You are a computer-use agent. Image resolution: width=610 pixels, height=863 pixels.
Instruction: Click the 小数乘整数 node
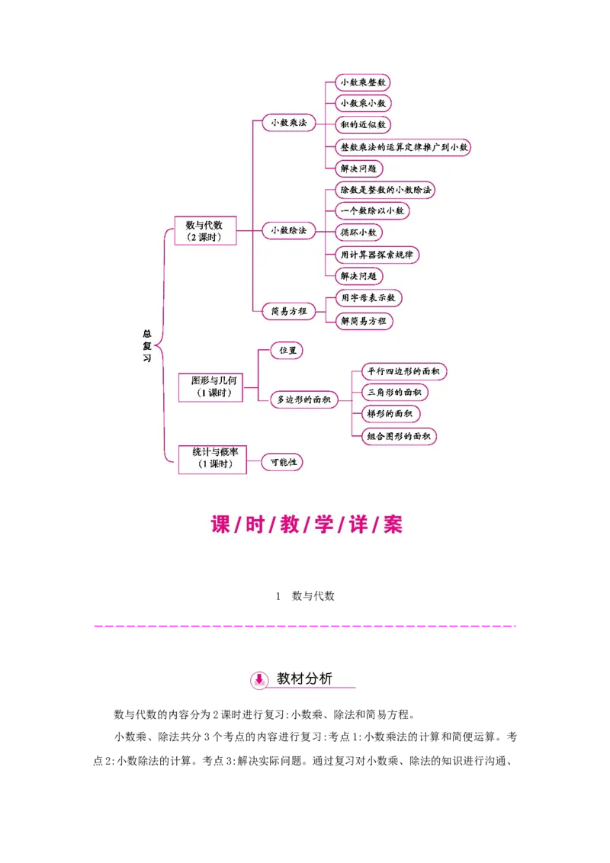click(363, 82)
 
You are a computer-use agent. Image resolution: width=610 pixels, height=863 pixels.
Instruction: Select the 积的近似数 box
click(363, 124)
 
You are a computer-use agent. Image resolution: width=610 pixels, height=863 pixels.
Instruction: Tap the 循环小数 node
click(359, 232)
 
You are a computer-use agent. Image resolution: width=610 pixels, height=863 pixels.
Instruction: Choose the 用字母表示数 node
click(369, 298)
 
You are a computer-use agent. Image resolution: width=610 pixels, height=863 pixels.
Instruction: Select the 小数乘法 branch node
click(289, 123)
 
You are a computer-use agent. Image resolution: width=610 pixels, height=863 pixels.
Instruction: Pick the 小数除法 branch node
click(289, 230)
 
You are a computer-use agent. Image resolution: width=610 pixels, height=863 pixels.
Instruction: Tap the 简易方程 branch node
click(289, 311)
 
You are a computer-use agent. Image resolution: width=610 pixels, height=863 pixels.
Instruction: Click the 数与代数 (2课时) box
click(205, 231)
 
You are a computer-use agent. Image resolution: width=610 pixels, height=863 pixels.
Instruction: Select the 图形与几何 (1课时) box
click(210, 387)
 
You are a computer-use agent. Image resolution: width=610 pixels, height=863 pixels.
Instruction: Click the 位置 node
click(287, 351)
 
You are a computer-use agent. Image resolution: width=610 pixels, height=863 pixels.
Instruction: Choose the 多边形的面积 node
click(304, 399)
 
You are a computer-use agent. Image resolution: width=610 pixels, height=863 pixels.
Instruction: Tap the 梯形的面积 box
click(390, 414)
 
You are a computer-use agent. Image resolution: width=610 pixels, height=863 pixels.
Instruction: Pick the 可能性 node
click(283, 462)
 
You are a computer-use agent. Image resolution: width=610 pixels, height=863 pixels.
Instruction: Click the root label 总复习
click(147, 345)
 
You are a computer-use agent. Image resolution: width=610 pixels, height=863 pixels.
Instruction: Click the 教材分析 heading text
click(304, 679)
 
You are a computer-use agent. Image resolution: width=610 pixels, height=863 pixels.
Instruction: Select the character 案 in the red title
click(393, 524)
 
